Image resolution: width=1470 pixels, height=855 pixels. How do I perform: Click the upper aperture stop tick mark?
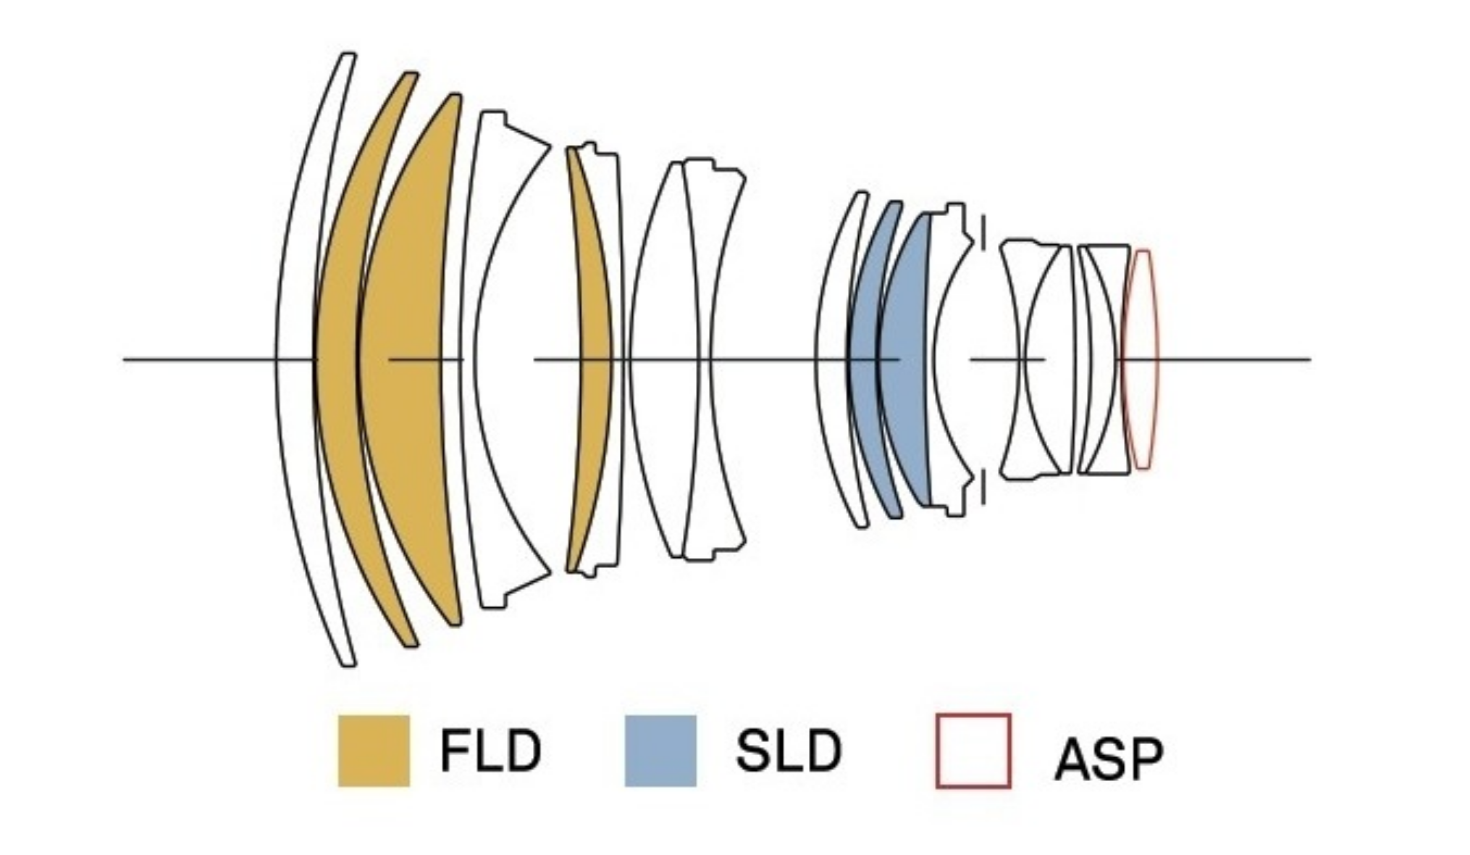(x=983, y=232)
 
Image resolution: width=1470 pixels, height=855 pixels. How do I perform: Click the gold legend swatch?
(x=374, y=751)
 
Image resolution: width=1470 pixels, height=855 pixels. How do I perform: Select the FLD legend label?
(x=490, y=751)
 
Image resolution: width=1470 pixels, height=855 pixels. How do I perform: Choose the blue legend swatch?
(x=660, y=751)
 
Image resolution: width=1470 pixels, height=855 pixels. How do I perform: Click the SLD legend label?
(x=788, y=751)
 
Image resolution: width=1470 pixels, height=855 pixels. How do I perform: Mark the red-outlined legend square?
(x=973, y=751)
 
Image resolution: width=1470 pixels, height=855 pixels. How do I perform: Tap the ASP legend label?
(x=1109, y=759)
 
